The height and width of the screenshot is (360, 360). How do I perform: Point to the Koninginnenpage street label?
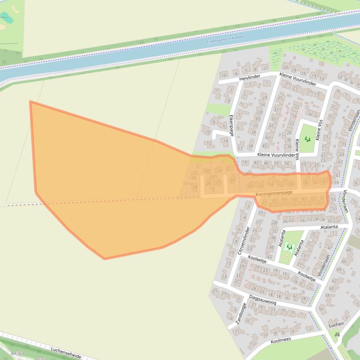[x=274, y=193]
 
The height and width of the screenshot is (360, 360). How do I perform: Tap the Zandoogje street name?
[x=241, y=313]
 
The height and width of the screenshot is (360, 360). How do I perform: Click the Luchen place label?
[x=336, y=324]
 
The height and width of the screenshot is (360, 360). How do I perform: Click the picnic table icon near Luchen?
[x=337, y=335]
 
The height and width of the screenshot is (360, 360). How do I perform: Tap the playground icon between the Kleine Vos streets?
[x=307, y=139]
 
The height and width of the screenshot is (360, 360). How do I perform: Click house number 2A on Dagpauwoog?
[x=304, y=298]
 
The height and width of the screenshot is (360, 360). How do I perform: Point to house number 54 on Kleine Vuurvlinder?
[x=287, y=163]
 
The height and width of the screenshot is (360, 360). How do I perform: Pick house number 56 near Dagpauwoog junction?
[x=321, y=309]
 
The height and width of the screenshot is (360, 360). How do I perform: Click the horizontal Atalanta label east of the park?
[x=329, y=227]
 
